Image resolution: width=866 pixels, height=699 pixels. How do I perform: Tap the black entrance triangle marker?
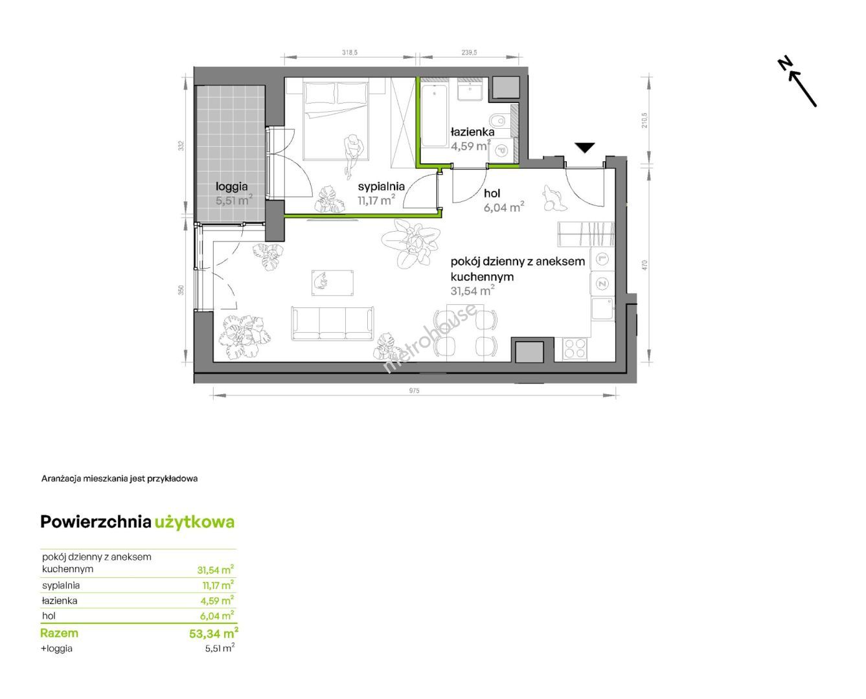[x=584, y=148]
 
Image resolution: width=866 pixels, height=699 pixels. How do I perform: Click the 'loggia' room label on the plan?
[x=231, y=187]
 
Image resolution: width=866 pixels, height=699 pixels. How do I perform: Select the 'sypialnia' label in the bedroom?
[x=381, y=186]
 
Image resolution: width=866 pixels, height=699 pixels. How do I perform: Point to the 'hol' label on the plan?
[x=492, y=194]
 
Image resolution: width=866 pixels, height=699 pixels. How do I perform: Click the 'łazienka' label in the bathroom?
[x=472, y=132]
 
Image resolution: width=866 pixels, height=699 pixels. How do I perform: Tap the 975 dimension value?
[x=414, y=391]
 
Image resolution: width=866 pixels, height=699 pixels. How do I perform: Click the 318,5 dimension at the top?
[x=350, y=52]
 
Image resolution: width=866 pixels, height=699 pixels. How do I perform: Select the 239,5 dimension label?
[x=469, y=52]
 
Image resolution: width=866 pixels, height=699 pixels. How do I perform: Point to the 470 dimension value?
[x=644, y=265]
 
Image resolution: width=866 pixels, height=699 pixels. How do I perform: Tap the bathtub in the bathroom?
[x=434, y=116]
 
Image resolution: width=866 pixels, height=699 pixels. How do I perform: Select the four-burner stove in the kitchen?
[x=575, y=349]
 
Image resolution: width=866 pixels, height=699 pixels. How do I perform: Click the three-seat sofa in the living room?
[x=332, y=324]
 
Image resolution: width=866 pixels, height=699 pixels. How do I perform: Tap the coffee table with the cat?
[x=332, y=283]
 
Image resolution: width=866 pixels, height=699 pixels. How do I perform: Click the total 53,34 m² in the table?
[x=214, y=633]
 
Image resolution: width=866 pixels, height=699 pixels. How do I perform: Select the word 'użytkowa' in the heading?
[x=195, y=522]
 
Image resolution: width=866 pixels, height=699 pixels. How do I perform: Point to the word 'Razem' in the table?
[x=60, y=633]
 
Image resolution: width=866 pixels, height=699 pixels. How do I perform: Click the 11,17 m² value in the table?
[x=218, y=585]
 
